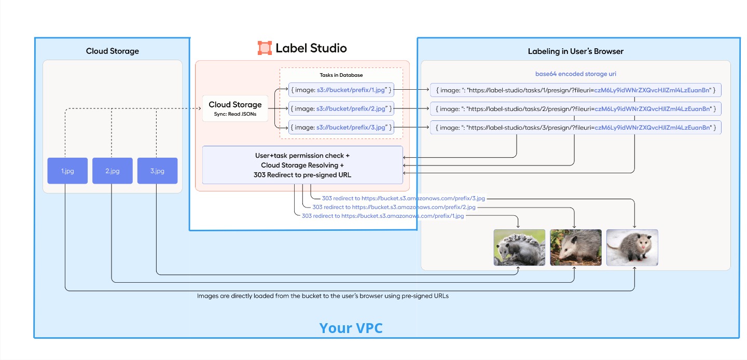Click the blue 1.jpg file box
click(67, 171)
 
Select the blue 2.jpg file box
click(112, 171)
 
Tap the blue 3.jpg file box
click(157, 171)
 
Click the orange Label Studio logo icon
click(265, 48)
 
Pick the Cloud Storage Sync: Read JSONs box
click(235, 108)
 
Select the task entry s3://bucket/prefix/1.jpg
click(341, 90)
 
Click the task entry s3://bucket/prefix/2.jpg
click(341, 108)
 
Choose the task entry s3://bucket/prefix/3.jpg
click(341, 127)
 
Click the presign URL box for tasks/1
click(576, 90)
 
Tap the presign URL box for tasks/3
click(576, 127)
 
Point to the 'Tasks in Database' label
click(341, 75)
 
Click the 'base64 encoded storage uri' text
click(575, 74)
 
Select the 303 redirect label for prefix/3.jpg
click(403, 198)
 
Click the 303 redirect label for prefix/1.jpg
click(383, 216)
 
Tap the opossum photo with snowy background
click(632, 247)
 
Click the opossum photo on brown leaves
click(575, 247)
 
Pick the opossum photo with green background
click(519, 247)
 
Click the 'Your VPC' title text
click(351, 328)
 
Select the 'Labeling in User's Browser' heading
click(575, 51)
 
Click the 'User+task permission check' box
click(302, 165)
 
